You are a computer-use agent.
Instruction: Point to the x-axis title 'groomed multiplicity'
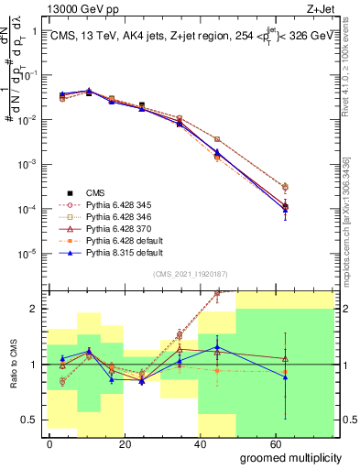[x=292, y=456]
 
